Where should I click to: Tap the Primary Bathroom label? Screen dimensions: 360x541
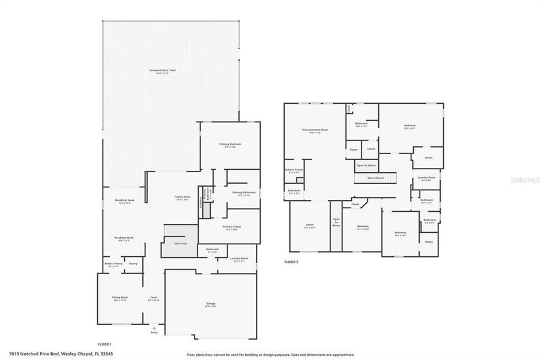(243, 193)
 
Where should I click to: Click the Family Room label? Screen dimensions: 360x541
(183, 198)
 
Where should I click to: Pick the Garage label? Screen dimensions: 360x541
(210, 305)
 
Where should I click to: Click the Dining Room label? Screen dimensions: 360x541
(121, 298)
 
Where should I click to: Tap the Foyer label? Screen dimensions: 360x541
(154, 298)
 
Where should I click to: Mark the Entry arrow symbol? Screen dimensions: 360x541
(154, 328)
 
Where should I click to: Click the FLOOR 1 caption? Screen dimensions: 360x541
(104, 344)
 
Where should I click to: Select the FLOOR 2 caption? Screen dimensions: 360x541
(291, 262)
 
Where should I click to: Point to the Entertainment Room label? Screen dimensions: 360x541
(315, 131)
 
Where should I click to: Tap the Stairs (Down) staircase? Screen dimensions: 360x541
(375, 178)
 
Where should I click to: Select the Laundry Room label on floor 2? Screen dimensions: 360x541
(426, 179)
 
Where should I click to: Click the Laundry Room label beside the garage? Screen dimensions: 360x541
(239, 259)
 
